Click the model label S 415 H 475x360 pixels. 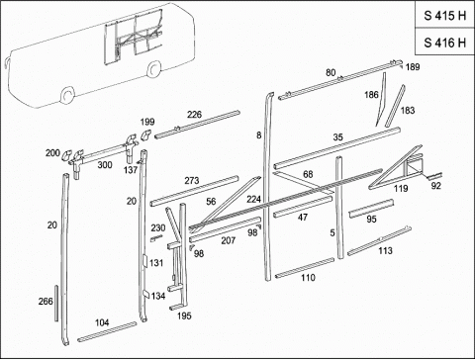pos(445,16)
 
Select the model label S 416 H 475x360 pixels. pos(445,43)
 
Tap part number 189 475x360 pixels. pos(413,67)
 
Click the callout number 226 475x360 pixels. pos(194,115)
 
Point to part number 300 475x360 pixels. pos(105,164)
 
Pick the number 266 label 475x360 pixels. pos(46,301)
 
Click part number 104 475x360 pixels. pos(102,322)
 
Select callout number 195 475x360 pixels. pos(184,315)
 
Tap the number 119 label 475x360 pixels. pos(401,188)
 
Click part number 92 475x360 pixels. pos(435,186)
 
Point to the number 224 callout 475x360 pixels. pos(253,199)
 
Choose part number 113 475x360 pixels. pos(385,250)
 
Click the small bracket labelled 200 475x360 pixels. pos(67,153)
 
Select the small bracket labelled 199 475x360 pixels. pos(145,135)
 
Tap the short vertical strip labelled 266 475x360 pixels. pos(56,303)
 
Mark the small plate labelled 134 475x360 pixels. pos(146,295)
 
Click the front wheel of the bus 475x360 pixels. pos(67,95)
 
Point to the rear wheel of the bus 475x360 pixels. pos(153,69)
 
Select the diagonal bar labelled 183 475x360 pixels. pos(395,106)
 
